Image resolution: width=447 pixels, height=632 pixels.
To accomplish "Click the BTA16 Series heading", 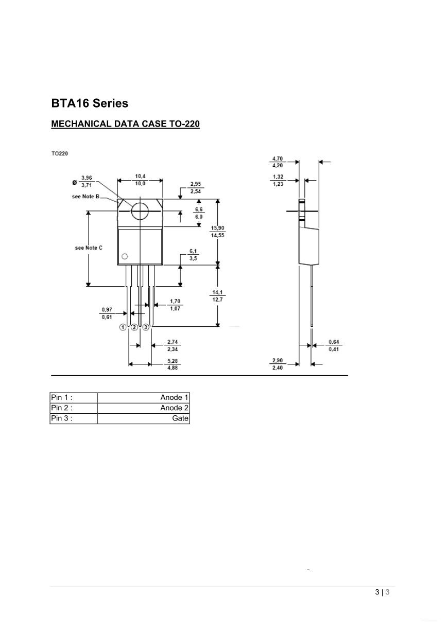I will pyautogui.click(x=90, y=103).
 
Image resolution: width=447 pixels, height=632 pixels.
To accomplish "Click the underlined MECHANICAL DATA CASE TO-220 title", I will pyautogui.click(x=125, y=124).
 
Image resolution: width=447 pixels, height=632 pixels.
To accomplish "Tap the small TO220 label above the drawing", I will pyautogui.click(x=59, y=153).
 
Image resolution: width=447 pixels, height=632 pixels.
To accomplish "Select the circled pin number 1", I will pyautogui.click(x=123, y=327).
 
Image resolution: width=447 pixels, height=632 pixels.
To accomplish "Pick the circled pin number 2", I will pyautogui.click(x=134, y=327).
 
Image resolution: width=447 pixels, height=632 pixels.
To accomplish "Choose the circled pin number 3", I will pyautogui.click(x=146, y=327).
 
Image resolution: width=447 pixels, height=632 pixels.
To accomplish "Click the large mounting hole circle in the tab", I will pyautogui.click(x=140, y=211).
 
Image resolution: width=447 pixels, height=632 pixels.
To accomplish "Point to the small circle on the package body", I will pyautogui.click(x=124, y=256).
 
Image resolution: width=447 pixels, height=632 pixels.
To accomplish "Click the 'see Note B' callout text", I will pyautogui.click(x=85, y=197).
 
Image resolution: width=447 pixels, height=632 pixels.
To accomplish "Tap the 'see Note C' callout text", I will pyautogui.click(x=89, y=248).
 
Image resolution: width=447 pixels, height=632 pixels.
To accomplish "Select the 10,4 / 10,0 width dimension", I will pyautogui.click(x=140, y=180).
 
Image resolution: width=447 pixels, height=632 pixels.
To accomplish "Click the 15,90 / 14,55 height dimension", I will pyautogui.click(x=217, y=231).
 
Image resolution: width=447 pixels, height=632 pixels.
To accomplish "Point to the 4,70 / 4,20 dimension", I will pyautogui.click(x=277, y=162).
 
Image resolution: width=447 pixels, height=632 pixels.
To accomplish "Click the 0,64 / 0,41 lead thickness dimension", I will pyautogui.click(x=335, y=346).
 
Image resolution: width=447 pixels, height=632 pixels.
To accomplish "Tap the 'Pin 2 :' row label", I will pyautogui.click(x=61, y=408).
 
